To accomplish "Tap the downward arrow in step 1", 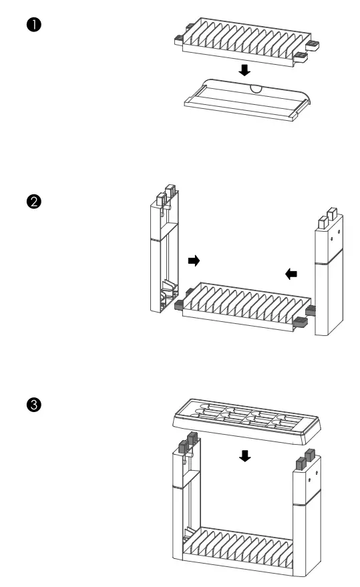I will (x=245, y=70).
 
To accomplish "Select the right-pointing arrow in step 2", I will (x=194, y=260).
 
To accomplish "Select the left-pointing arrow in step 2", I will (x=291, y=272).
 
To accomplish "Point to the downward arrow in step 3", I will (x=245, y=455).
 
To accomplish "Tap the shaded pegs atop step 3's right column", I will (x=305, y=459).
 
